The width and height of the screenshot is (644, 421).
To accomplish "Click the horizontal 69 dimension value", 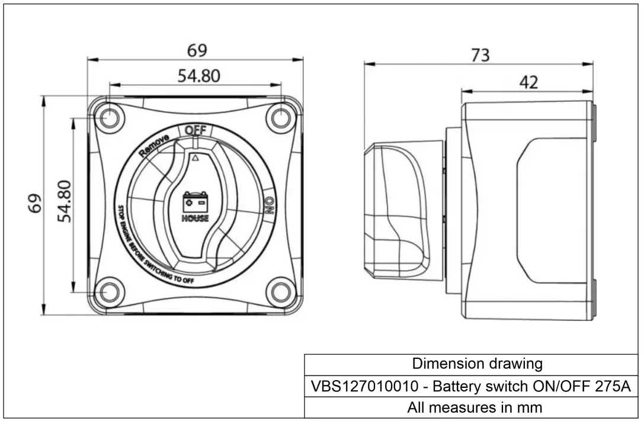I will pyautogui.click(x=197, y=51).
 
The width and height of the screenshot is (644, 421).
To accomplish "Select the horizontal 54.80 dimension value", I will pyautogui.click(x=198, y=76).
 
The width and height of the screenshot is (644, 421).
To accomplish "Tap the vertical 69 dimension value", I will pyautogui.click(x=36, y=203).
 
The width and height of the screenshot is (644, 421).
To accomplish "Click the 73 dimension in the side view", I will pyautogui.click(x=480, y=55).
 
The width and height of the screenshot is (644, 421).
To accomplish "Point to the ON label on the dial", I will pyautogui.click(x=269, y=206).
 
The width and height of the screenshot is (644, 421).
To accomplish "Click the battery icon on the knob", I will pyautogui.click(x=195, y=201).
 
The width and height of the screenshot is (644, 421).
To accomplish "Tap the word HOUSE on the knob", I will pyautogui.click(x=195, y=218).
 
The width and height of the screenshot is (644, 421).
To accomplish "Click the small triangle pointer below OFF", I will pyautogui.click(x=196, y=157).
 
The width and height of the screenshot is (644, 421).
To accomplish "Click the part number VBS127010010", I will pyautogui.click(x=367, y=387).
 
